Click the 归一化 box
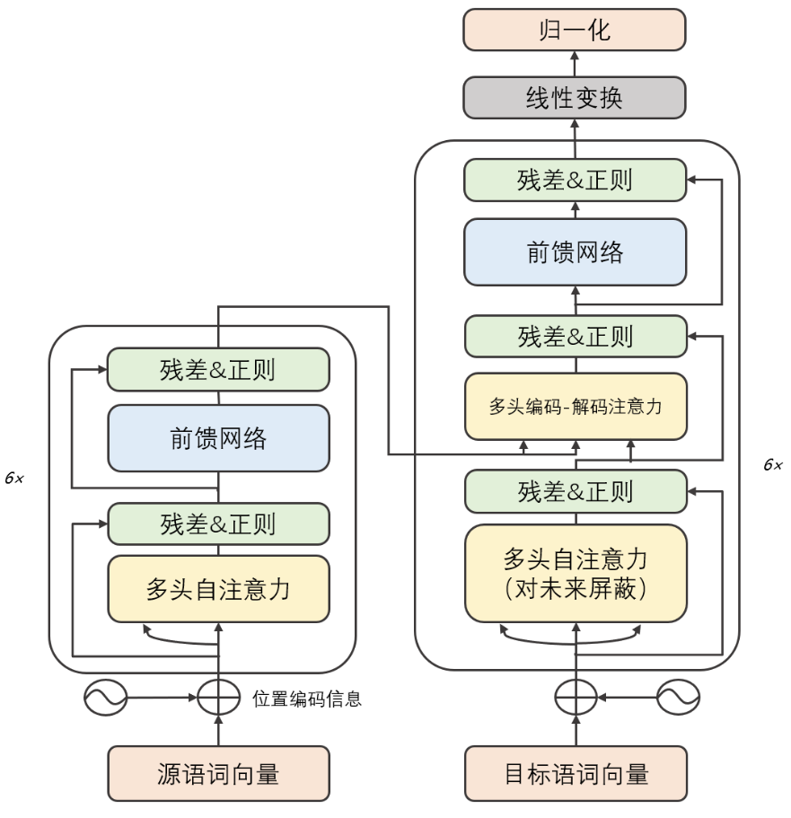tap(575, 30)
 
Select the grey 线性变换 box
tap(575, 98)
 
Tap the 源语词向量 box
tap(218, 773)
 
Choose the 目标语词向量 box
tap(576, 773)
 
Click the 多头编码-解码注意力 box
tap(576, 406)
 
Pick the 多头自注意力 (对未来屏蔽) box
tap(576, 573)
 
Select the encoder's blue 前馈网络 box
tap(218, 438)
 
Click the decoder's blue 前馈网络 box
tap(576, 252)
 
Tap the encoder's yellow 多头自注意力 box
tap(218, 588)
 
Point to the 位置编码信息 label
tap(307, 699)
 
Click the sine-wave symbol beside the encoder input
tap(105, 696)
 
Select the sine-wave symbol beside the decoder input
tap(678, 696)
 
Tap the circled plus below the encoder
tap(218, 696)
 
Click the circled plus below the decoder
tap(576, 696)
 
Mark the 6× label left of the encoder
tap(14, 479)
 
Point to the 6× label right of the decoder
tap(772, 465)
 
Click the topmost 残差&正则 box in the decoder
tap(576, 180)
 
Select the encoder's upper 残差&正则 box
tap(218, 369)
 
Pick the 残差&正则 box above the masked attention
tap(576, 491)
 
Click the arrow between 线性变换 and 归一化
tap(576, 63)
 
